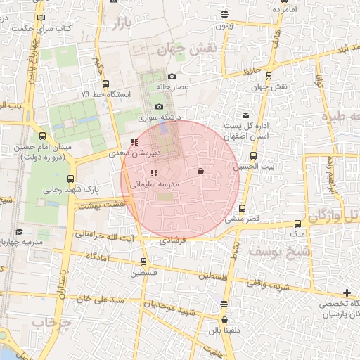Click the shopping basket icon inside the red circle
201,170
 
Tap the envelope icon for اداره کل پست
245,115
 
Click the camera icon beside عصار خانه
172,76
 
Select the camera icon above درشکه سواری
160,106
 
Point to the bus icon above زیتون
224,14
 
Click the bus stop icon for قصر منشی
242,209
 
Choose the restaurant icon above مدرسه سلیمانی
153,173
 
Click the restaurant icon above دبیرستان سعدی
134,143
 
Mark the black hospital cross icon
347,292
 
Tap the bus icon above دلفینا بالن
224,304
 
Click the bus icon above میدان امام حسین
43,136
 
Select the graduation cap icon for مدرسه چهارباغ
18,231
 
